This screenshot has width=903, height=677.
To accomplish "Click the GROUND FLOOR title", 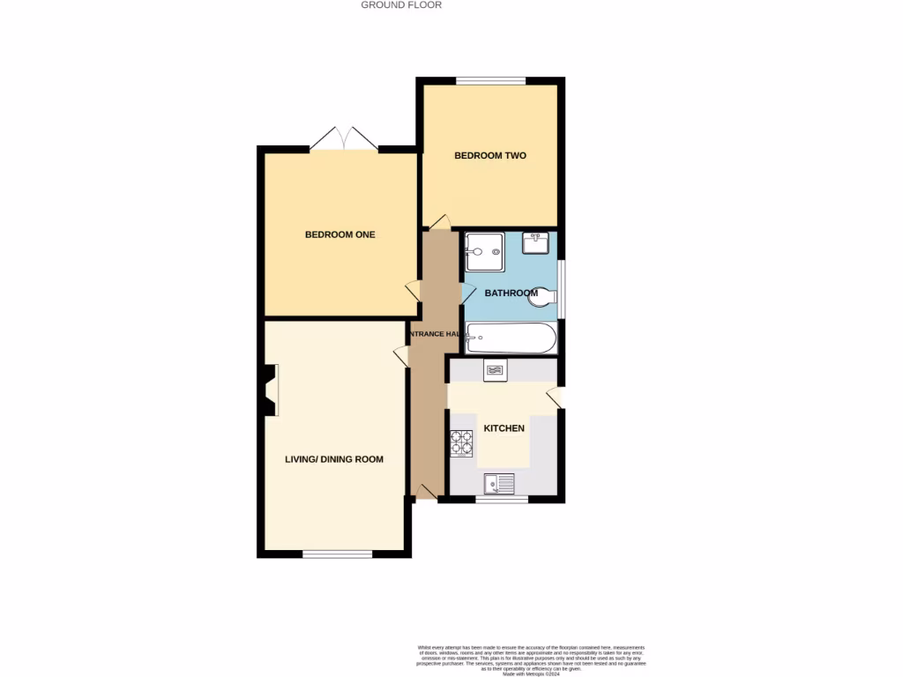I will click(x=401, y=5).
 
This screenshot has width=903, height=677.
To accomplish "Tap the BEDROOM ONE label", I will click(x=340, y=234).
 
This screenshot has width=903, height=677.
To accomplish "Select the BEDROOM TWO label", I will click(x=490, y=156).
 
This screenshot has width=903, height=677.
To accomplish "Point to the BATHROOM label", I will click(x=511, y=293).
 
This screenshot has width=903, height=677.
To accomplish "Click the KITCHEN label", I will click(x=504, y=428).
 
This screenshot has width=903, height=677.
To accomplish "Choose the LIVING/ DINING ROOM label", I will click(x=334, y=459).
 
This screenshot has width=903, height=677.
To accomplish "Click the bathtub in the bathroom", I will click(x=511, y=338).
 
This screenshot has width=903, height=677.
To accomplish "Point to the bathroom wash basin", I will click(x=536, y=242).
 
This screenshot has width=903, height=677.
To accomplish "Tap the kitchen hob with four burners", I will click(x=462, y=442).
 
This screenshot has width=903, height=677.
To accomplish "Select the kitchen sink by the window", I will click(x=499, y=483).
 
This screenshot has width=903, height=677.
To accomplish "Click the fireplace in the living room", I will click(x=270, y=391).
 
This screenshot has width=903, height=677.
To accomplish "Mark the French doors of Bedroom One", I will click(x=345, y=139).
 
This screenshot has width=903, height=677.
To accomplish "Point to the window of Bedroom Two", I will click(x=491, y=81).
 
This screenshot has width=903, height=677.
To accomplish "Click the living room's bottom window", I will click(x=337, y=554).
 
